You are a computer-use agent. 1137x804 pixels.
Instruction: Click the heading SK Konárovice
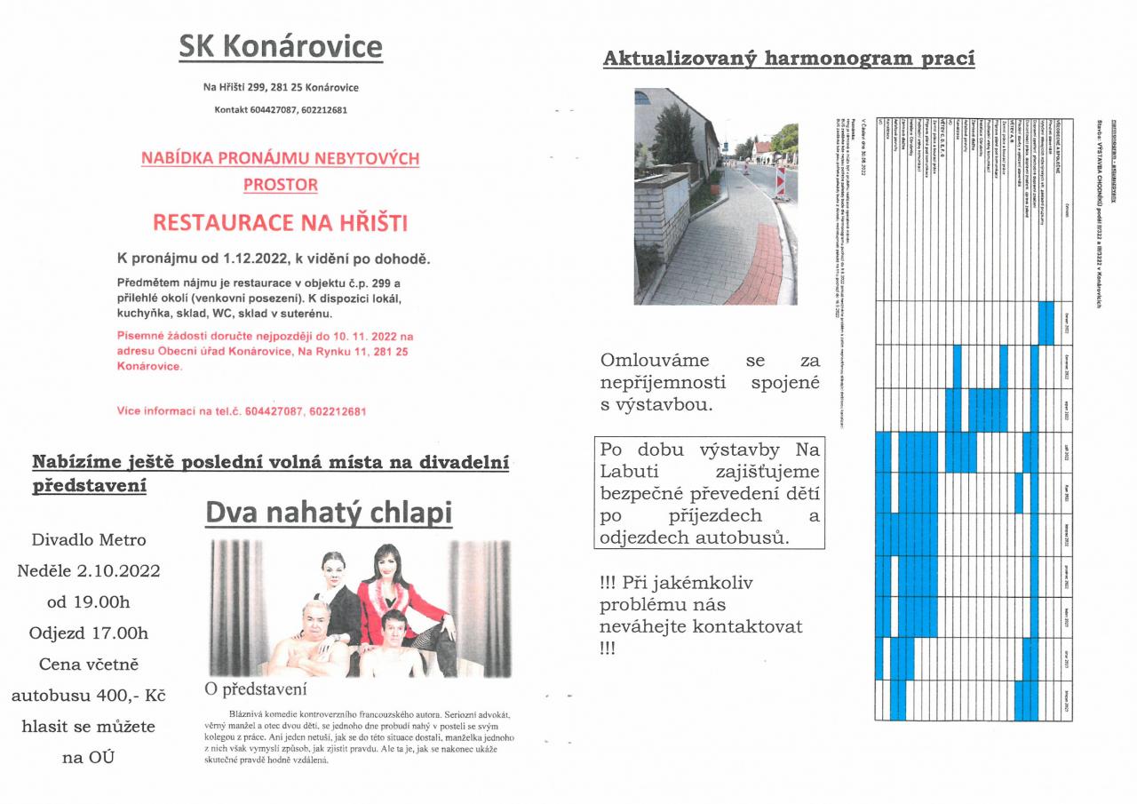click(x=281, y=49)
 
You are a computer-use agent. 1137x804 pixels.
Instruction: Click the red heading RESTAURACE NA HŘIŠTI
click(x=280, y=223)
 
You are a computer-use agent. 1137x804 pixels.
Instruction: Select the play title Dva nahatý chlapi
click(x=329, y=513)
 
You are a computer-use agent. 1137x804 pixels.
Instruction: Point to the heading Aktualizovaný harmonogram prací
click(x=789, y=60)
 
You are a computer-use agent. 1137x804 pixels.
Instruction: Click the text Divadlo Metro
click(x=89, y=539)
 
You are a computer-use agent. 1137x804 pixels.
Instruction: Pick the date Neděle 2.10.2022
click(x=89, y=570)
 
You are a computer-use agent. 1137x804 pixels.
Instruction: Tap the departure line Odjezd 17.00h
click(x=89, y=633)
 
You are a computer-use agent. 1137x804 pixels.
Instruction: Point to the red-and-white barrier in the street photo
click(x=781, y=180)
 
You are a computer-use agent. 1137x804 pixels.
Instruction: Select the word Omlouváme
click(x=655, y=360)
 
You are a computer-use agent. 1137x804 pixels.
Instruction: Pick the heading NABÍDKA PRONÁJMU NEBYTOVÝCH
click(x=280, y=158)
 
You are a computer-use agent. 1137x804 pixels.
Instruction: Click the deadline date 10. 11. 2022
click(x=366, y=337)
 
